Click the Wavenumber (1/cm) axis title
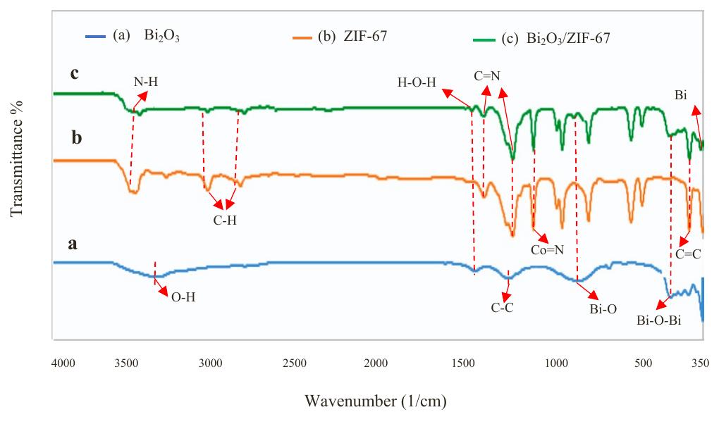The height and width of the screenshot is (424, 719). [x=375, y=402]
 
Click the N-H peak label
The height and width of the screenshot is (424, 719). [x=146, y=82]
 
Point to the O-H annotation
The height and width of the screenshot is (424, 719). [x=183, y=297]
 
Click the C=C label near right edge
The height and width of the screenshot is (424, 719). [x=687, y=254]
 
